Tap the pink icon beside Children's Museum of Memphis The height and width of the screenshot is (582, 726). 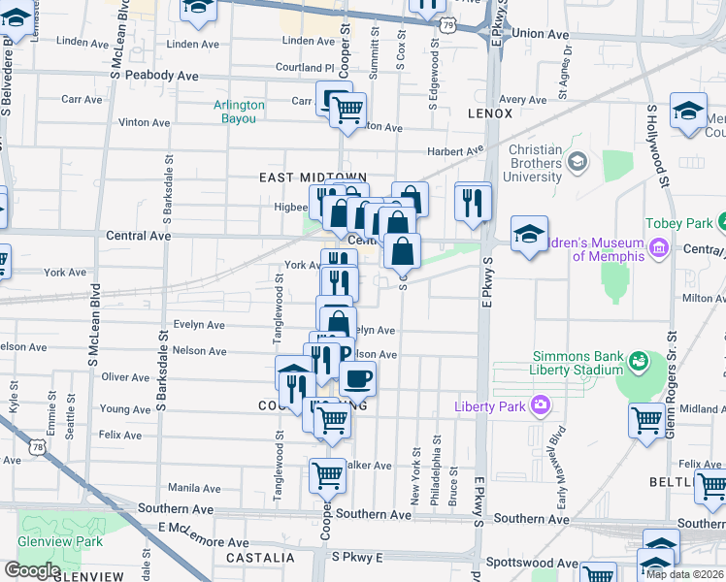pyautogui.click(x=659, y=248)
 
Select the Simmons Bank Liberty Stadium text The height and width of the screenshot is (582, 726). pyautogui.click(x=577, y=363)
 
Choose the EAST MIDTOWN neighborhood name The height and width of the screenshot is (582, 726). pyautogui.click(x=299, y=177)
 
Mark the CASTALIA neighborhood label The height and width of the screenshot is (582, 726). pyautogui.click(x=260, y=558)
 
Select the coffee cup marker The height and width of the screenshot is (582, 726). pyautogui.click(x=357, y=378)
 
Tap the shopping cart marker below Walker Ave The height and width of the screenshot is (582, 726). pyautogui.click(x=327, y=475)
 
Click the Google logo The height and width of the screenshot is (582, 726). pyautogui.click(x=31, y=570)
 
